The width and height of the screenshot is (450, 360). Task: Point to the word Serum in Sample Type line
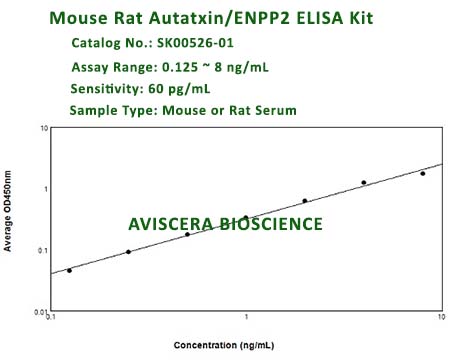point(272,110)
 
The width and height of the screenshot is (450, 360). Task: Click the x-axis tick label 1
point(247,321)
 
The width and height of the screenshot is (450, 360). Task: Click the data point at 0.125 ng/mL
point(69,270)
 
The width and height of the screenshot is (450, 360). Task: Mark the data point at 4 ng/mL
point(364,183)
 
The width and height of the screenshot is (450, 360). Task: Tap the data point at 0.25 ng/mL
point(128,252)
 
